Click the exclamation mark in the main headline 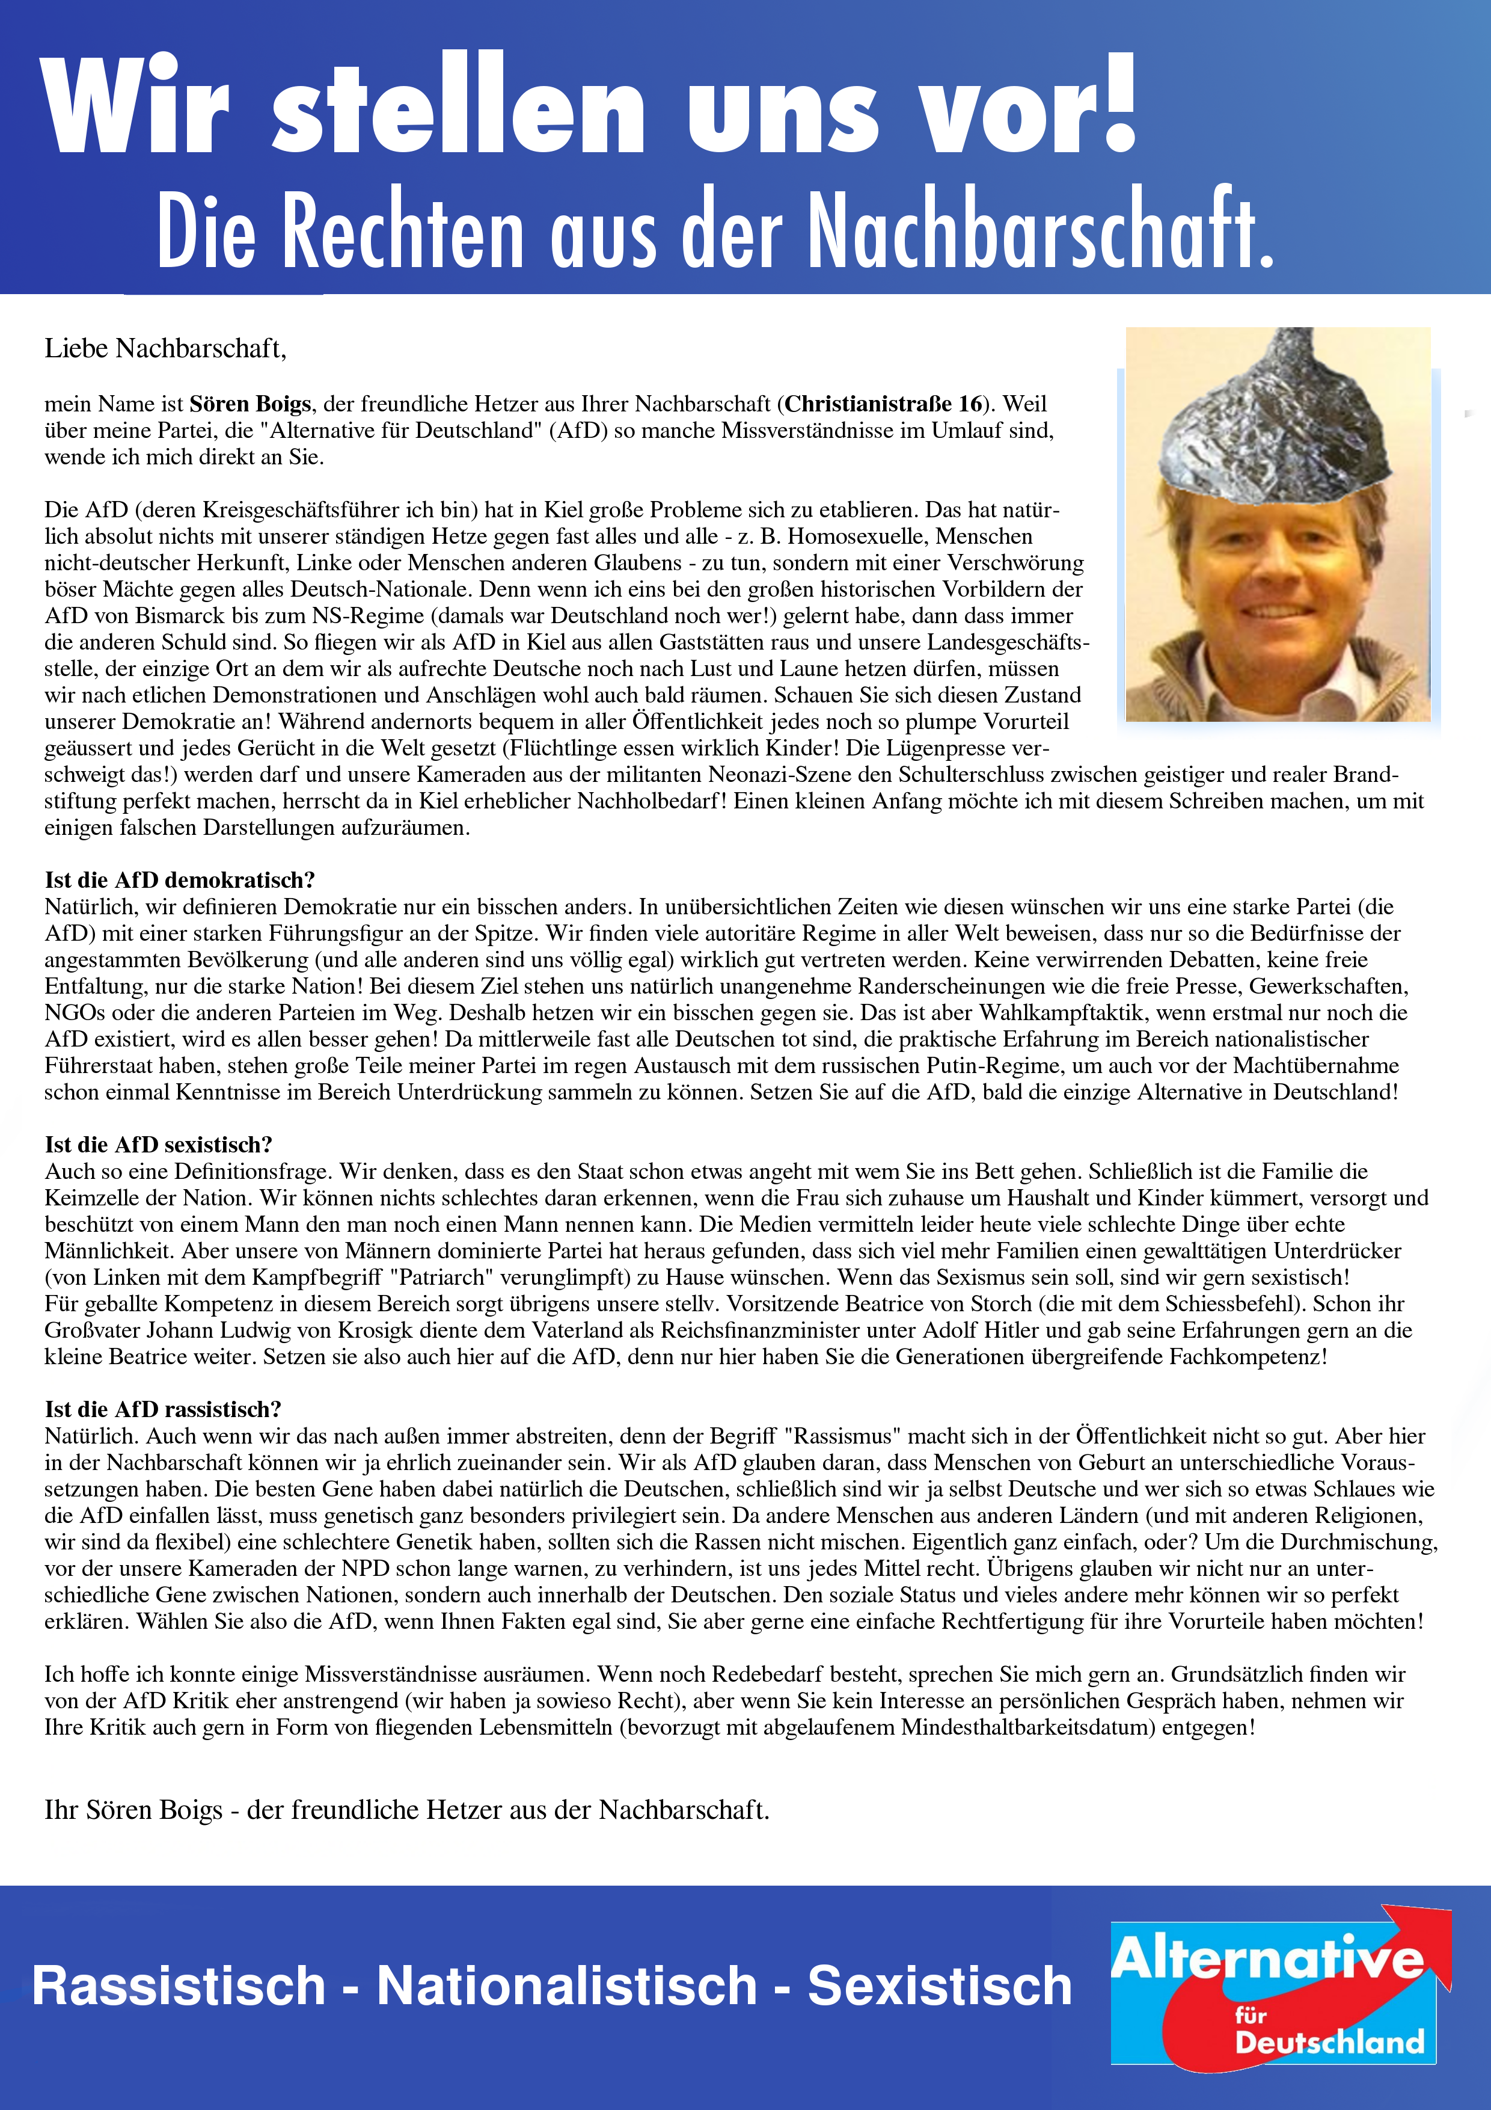(1119, 103)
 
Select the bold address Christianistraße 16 (884, 404)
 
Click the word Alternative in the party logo (1268, 1958)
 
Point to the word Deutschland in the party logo (1329, 2042)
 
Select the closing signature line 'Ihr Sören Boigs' (134, 1809)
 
